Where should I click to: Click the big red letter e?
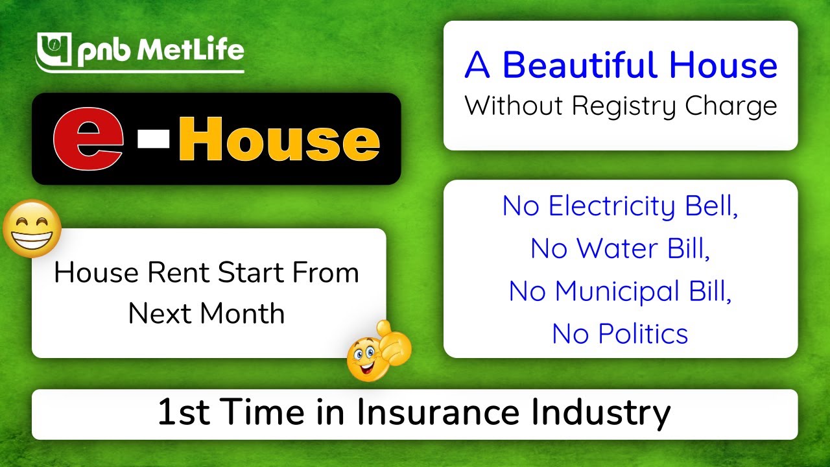[88, 138]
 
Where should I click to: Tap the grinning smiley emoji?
[32, 228]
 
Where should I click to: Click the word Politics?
[643, 333]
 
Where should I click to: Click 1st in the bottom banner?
[182, 413]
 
